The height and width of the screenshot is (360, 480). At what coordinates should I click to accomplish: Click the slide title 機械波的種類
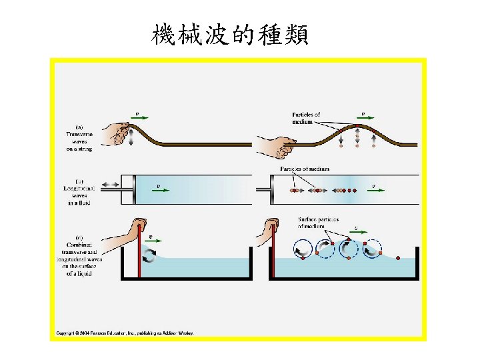click(230, 33)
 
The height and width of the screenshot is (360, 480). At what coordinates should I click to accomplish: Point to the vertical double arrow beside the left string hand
click(131, 137)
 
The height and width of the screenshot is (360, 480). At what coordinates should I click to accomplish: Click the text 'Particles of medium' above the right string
click(306, 118)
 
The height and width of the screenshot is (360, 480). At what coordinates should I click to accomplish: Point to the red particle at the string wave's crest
click(357, 128)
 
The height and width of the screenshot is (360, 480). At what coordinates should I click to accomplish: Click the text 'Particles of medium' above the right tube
click(305, 169)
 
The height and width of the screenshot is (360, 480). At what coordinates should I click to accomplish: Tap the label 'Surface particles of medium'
click(318, 223)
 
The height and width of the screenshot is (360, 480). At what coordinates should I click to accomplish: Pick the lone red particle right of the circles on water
click(398, 257)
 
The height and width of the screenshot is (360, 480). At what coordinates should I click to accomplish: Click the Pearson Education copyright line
click(124, 333)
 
